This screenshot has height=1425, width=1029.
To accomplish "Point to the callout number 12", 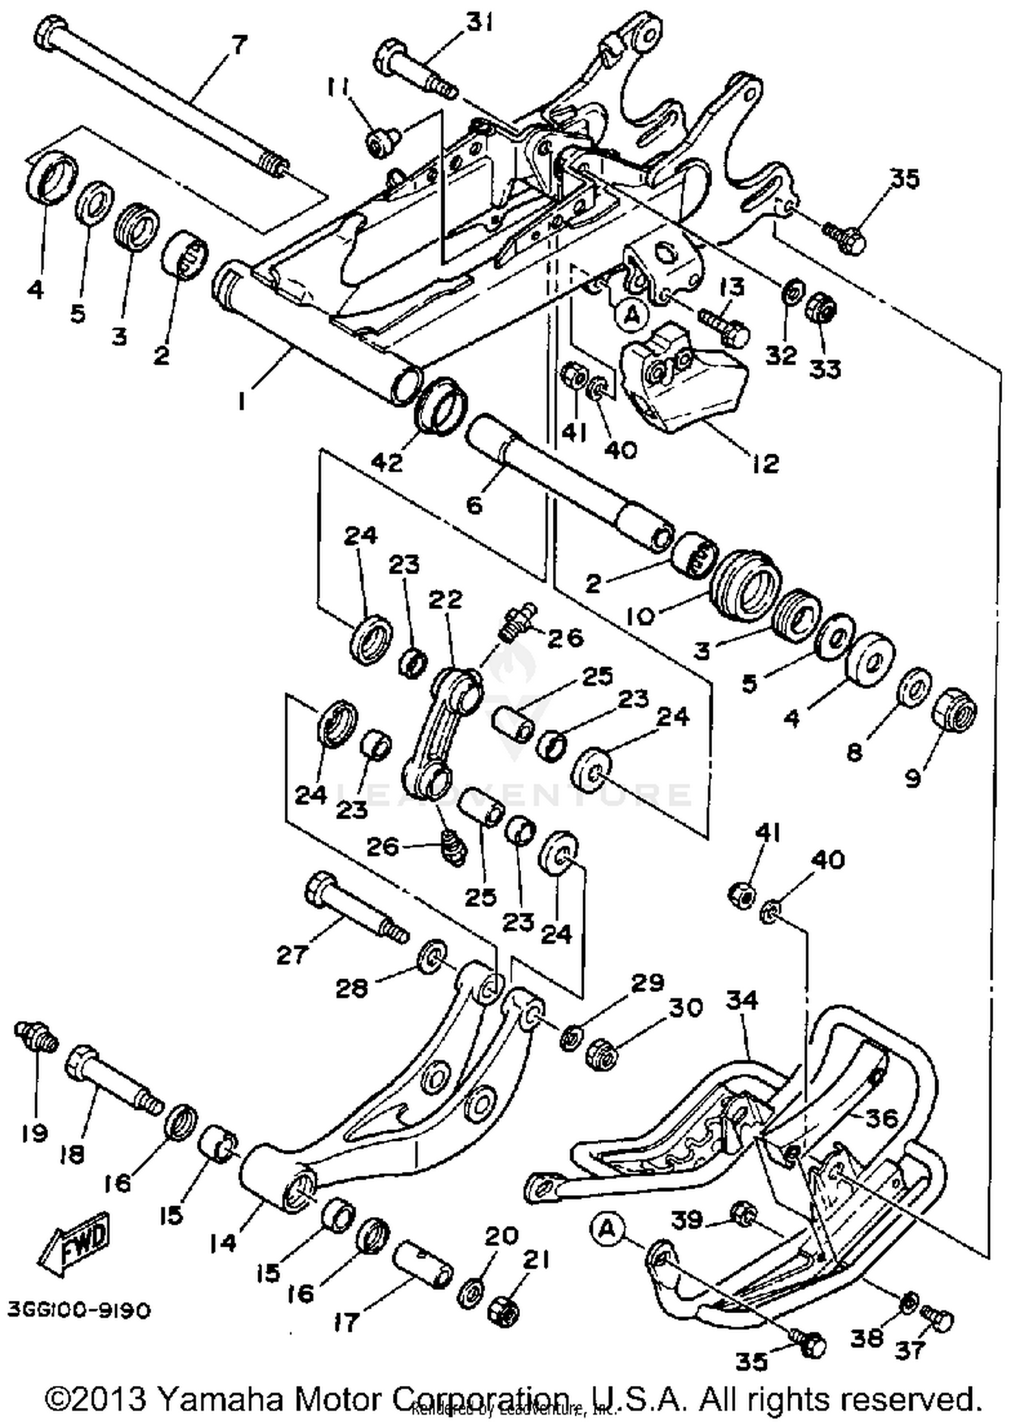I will point(764,464).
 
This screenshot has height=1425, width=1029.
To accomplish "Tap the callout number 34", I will point(742,1001).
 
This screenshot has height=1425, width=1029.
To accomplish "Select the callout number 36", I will point(881,1120).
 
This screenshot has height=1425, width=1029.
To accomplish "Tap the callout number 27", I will point(292,954).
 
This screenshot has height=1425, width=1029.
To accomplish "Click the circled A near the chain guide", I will point(632,316).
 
